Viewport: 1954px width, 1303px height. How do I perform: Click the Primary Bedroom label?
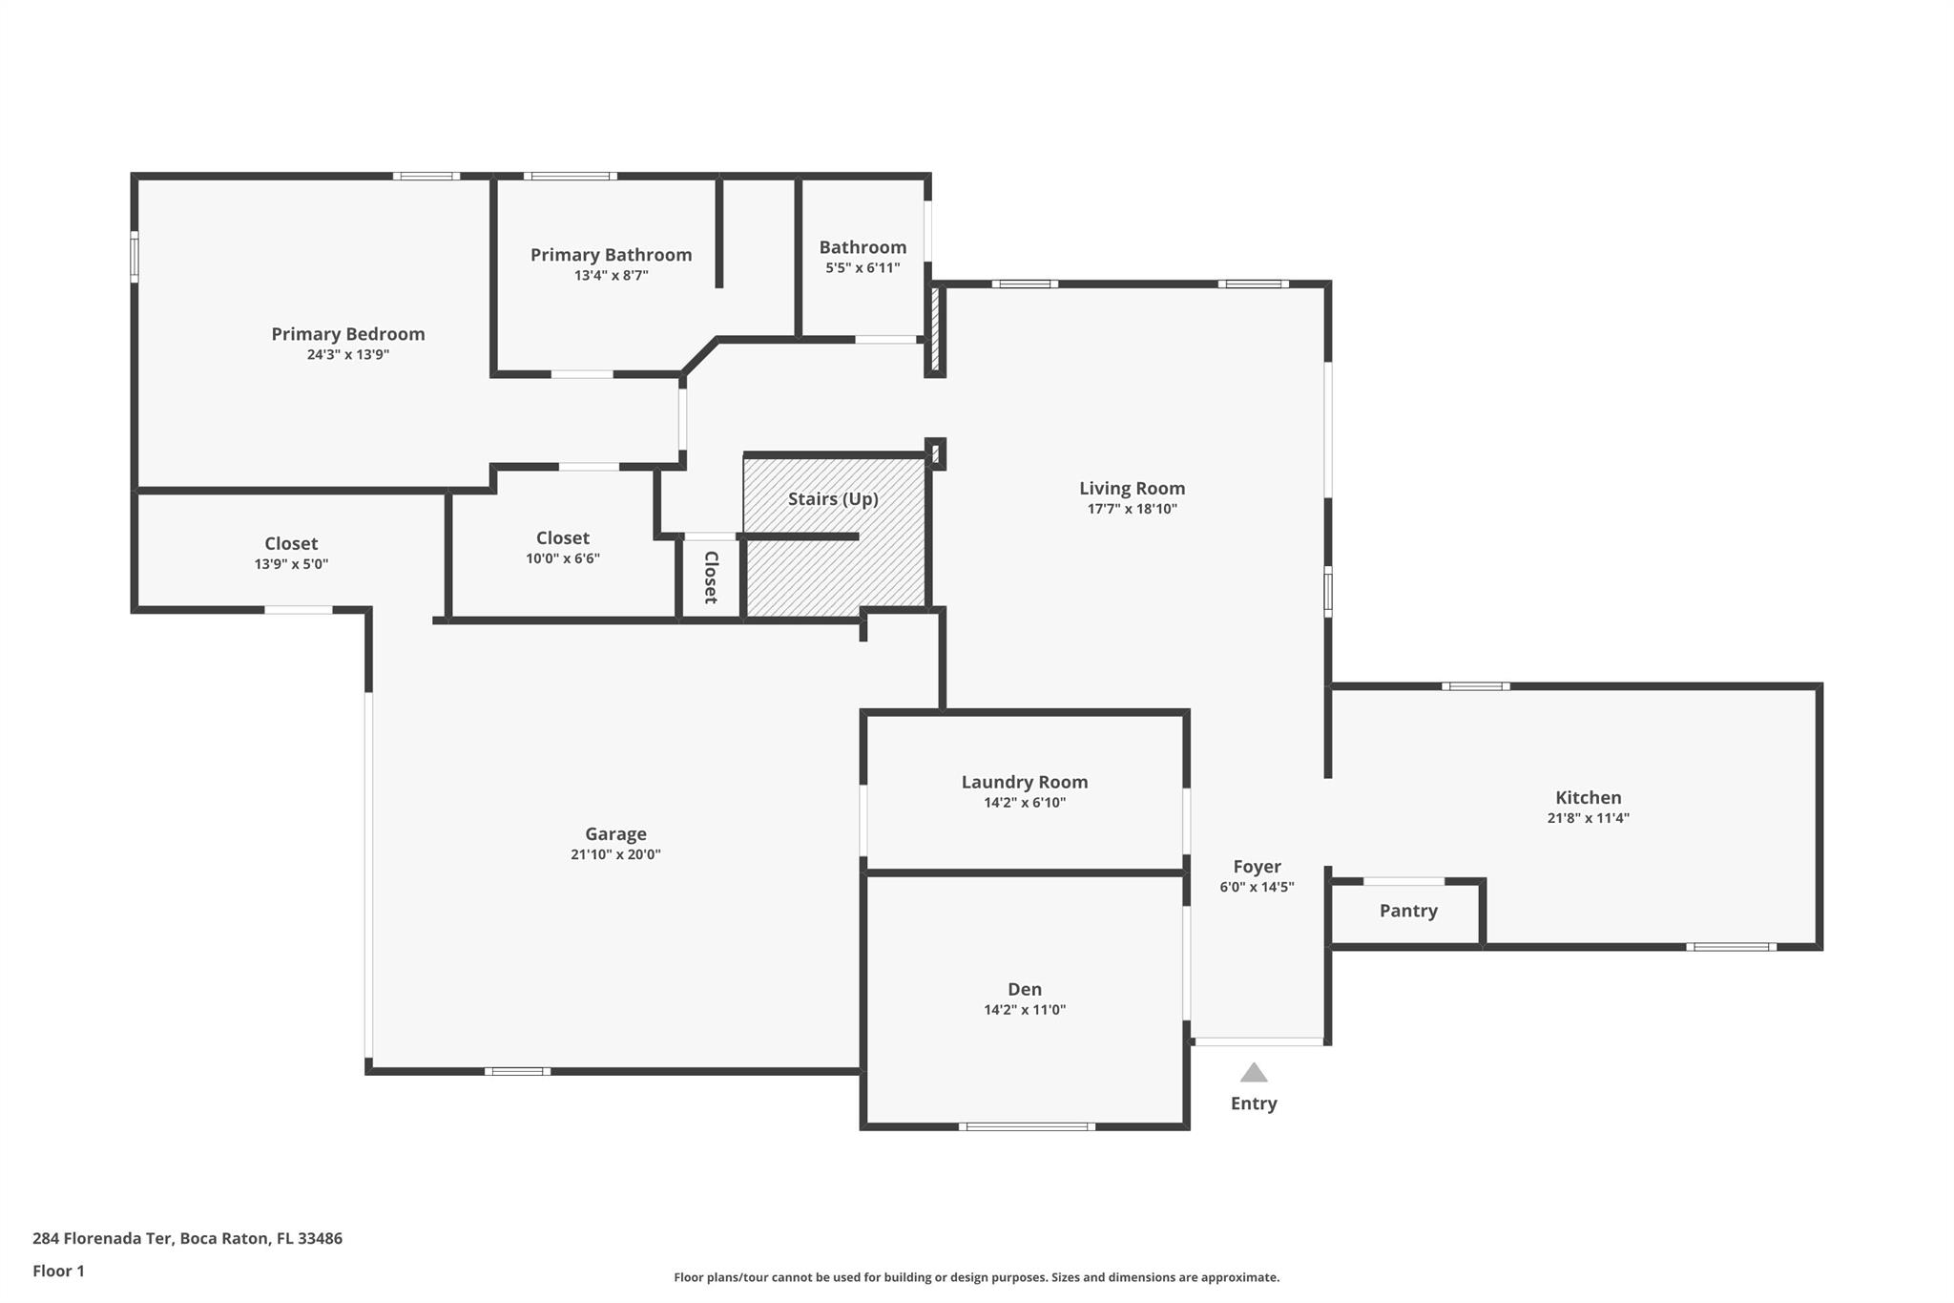[348, 334]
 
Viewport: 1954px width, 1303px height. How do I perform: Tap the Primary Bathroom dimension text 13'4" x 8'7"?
[612, 276]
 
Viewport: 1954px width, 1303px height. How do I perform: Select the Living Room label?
[1133, 489]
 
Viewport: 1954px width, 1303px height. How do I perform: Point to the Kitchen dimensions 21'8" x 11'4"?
[1589, 818]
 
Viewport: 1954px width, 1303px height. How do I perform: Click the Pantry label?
[1408, 911]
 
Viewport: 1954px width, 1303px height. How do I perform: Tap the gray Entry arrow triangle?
[1254, 1073]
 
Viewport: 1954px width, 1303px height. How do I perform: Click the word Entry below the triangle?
[1254, 1103]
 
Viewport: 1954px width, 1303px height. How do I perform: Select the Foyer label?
[1257, 867]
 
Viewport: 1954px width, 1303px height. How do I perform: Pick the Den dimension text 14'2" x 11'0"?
[1025, 1010]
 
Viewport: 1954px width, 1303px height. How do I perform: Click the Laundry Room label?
[1025, 782]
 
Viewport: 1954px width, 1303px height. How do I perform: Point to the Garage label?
[615, 834]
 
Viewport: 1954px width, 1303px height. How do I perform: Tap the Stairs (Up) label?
[833, 499]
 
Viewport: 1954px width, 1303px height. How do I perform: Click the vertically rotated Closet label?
[711, 578]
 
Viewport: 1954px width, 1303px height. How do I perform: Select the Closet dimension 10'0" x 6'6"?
[563, 559]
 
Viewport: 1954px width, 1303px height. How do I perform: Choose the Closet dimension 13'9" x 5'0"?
[291, 564]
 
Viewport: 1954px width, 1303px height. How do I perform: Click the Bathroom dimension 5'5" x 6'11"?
[863, 268]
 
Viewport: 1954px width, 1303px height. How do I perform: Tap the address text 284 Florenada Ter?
[102, 1238]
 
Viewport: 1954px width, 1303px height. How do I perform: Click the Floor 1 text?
[58, 1271]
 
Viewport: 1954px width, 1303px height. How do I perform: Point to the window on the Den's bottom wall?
[1027, 1126]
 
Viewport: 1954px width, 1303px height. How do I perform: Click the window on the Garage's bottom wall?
[517, 1071]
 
